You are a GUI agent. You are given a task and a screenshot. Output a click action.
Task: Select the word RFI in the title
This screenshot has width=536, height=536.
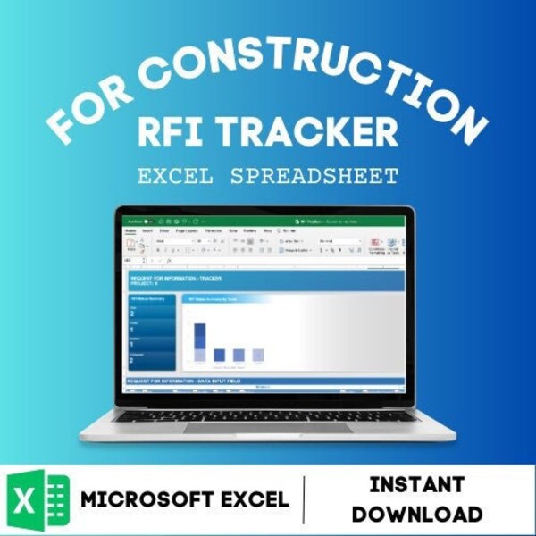coord(172,131)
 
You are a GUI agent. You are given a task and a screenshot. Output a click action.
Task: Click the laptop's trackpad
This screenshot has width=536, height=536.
coord(268,428)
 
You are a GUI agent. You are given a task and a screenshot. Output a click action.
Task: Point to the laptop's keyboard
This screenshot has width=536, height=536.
coord(268,415)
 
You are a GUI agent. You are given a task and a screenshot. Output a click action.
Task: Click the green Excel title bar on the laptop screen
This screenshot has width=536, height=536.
coord(268,220)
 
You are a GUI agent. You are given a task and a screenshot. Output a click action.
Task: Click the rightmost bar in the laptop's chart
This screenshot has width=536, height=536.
coord(258,355)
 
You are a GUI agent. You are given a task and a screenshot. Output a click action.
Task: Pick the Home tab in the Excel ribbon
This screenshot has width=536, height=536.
coord(130,230)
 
